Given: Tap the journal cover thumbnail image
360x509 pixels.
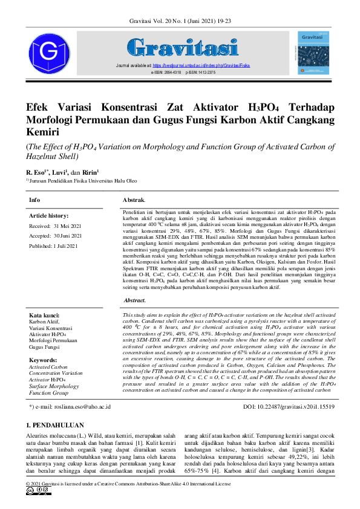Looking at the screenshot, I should pyautogui.click(x=313, y=53).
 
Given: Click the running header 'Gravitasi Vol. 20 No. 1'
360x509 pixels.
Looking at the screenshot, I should pyautogui.click(x=180, y=22).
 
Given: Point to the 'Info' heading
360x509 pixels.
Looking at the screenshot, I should pyautogui.click(x=34, y=199).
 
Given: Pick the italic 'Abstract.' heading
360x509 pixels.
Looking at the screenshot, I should pyautogui.click(x=134, y=300).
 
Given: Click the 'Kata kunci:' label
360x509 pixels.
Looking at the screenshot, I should pyautogui.click(x=44, y=316).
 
